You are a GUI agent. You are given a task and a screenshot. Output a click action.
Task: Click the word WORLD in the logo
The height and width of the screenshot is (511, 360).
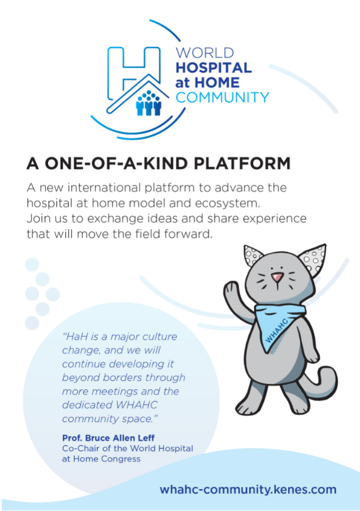(204, 53)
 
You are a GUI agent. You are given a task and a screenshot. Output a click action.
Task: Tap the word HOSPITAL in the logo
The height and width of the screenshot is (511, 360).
(214, 68)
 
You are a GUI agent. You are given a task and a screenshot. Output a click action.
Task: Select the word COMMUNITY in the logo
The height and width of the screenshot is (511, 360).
(223, 97)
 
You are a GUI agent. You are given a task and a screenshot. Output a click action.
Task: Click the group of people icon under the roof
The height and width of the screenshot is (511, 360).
(149, 103)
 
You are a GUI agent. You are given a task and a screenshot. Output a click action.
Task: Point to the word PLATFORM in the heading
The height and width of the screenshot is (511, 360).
(242, 163)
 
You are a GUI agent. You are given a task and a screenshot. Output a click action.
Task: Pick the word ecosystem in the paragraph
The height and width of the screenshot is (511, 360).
(228, 203)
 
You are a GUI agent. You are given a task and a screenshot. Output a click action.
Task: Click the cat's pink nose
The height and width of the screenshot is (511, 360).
(277, 277)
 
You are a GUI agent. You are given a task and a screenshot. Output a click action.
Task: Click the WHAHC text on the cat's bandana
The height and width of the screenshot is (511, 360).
(277, 331)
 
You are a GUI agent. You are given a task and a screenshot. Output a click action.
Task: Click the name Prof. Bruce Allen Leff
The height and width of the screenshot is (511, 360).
(109, 438)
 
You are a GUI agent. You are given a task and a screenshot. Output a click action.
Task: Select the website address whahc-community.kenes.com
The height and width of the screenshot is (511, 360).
(248, 490)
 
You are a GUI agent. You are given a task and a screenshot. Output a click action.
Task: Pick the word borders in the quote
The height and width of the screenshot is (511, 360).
(122, 377)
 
